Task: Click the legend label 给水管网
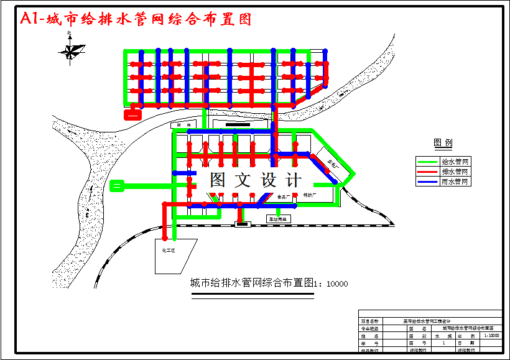click(x=456, y=162)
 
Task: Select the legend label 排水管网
click(x=456, y=172)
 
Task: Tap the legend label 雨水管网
click(x=456, y=182)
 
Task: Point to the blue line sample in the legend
click(x=427, y=182)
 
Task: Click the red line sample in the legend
click(x=427, y=172)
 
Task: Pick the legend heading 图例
click(x=443, y=143)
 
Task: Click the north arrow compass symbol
click(x=72, y=48)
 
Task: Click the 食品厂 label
click(x=284, y=196)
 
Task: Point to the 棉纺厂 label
click(x=310, y=195)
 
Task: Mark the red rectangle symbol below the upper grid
click(x=132, y=113)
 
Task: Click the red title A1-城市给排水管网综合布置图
click(x=136, y=19)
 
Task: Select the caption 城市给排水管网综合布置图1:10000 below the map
click(x=269, y=284)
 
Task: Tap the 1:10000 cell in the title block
click(x=491, y=335)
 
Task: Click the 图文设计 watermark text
click(x=255, y=180)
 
